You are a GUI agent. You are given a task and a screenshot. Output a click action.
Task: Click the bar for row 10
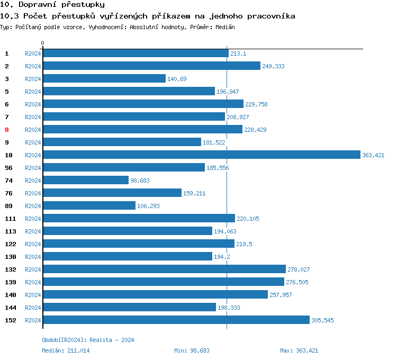pyautogui.click(x=201, y=155)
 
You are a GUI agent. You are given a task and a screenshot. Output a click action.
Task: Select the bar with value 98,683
pyautogui.click(x=86, y=181)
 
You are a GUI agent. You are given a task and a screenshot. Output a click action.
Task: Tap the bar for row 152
pyautogui.click(x=176, y=320)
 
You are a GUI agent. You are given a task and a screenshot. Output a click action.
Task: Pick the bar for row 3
pyautogui.click(x=104, y=79)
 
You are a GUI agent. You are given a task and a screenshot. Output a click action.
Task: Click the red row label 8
pyautogui.click(x=7, y=130)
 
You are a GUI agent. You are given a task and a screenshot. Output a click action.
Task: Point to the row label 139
pyautogui.click(x=10, y=282)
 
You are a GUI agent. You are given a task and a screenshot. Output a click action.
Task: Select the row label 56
pyautogui.click(x=8, y=168)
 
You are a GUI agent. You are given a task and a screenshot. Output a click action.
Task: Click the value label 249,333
pyautogui.click(x=273, y=66)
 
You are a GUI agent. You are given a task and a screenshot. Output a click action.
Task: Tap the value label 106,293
pyautogui.click(x=148, y=206)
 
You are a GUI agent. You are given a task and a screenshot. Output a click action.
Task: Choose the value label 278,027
pyautogui.click(x=299, y=269)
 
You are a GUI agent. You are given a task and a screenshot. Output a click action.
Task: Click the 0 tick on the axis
pyautogui.click(x=43, y=43)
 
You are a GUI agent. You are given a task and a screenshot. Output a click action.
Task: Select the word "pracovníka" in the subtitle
pyautogui.click(x=269, y=16)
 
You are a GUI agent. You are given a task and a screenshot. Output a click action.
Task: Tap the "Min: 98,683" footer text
pyautogui.click(x=192, y=350)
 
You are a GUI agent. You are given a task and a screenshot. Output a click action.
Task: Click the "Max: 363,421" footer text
pyautogui.click(x=299, y=350)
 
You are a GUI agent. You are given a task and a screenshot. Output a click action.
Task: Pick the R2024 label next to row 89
pyautogui.click(x=33, y=206)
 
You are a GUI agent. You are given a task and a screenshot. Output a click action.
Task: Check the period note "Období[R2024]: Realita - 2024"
pyautogui.click(x=88, y=340)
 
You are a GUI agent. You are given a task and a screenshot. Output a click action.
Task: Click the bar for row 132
pyautogui.click(x=164, y=269)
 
